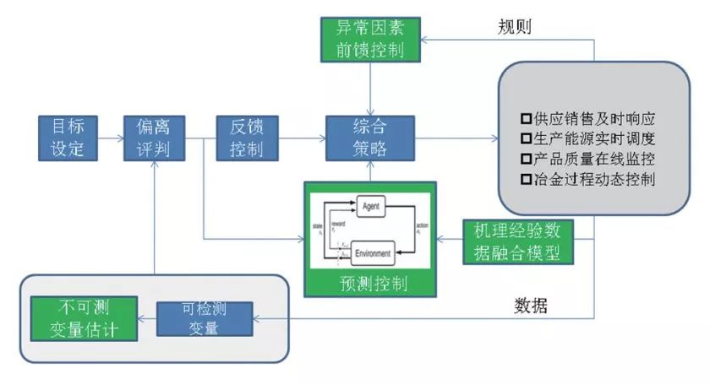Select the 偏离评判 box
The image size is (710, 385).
[x=154, y=138]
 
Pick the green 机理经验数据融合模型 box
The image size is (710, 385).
[x=516, y=241]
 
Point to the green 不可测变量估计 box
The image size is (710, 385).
[x=84, y=317]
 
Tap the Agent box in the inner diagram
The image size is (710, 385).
[x=372, y=205]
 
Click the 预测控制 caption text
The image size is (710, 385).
[x=371, y=282]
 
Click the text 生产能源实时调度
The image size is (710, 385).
[x=592, y=138]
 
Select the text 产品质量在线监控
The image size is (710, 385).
[x=592, y=159]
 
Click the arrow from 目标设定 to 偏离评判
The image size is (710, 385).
[x=110, y=138]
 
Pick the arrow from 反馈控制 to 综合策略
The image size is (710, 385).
[x=302, y=138]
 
